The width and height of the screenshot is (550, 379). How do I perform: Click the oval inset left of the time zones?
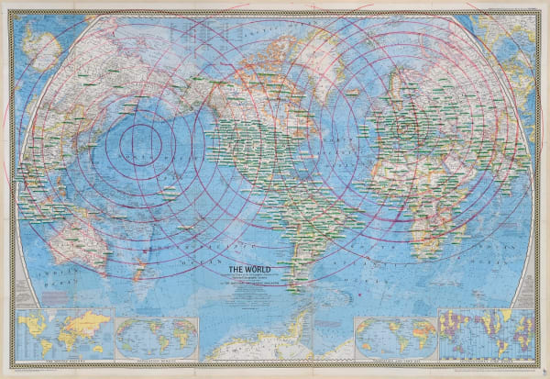click(x=394, y=337)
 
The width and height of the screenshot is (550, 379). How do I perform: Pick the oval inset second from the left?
click(x=156, y=337)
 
